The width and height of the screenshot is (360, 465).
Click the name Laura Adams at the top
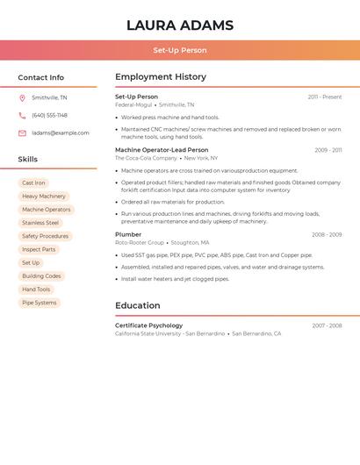(180, 25)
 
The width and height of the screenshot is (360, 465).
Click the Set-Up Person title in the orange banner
(180, 50)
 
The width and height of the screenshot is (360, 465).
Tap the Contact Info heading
(41, 77)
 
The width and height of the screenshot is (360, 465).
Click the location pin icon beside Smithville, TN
(22, 97)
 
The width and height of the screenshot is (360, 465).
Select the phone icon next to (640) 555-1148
(22, 115)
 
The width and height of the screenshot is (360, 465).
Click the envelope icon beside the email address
(22, 133)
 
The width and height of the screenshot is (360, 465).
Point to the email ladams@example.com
(61, 133)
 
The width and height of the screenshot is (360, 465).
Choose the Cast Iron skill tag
(33, 183)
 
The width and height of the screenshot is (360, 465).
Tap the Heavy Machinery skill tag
(44, 197)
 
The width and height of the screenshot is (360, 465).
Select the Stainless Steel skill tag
(40, 223)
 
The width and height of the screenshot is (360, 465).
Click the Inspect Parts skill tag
(39, 249)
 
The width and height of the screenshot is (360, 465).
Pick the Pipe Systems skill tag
(39, 303)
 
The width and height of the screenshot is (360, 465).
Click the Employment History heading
(161, 77)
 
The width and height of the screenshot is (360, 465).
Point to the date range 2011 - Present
(325, 97)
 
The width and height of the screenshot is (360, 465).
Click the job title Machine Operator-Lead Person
(162, 150)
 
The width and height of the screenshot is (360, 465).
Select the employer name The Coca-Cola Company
(146, 158)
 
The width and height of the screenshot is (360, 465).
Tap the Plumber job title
(128, 234)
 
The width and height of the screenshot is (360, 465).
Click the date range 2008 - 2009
(327, 235)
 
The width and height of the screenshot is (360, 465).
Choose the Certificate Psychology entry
(148, 325)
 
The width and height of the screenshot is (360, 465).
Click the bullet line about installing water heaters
(176, 279)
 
